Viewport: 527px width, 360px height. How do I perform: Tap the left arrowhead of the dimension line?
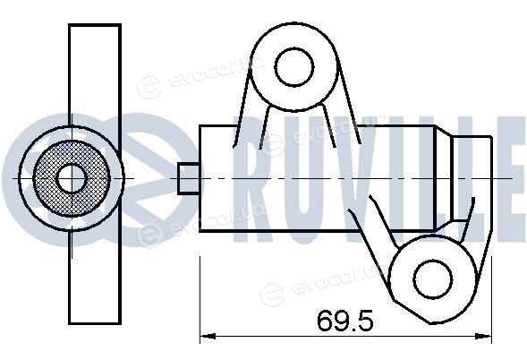pos(208,336)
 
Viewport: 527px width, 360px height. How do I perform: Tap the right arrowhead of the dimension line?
pos(484,336)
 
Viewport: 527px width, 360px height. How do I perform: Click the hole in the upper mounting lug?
pos(294,66)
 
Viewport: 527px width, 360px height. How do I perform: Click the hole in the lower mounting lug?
pos(432,279)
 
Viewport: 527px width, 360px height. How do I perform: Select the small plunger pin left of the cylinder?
pos(188,178)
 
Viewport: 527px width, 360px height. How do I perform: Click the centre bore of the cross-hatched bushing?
pos(72,178)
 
